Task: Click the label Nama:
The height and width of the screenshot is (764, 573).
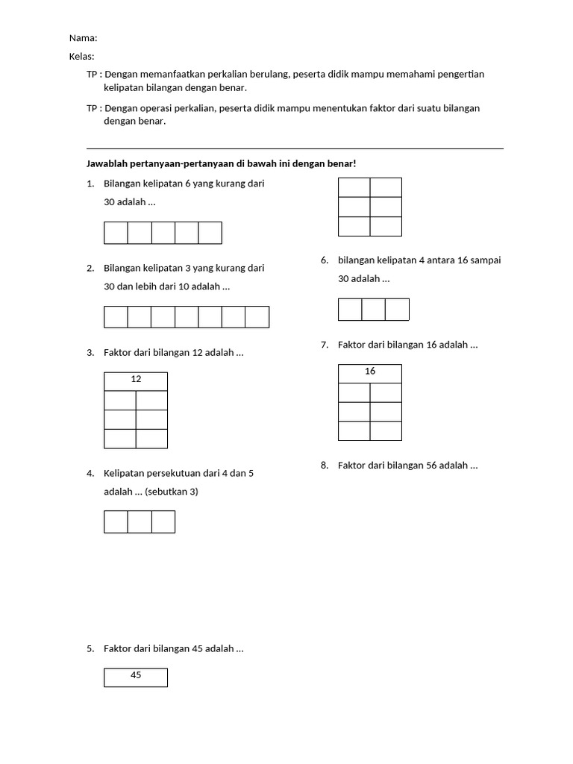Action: point(83,38)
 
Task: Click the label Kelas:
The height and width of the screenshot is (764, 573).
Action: point(82,57)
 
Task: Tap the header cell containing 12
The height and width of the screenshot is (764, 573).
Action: point(136,380)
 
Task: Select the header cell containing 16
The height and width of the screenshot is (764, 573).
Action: point(370,372)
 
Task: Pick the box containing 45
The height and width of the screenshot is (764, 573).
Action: point(136,676)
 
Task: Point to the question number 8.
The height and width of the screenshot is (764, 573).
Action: point(325,466)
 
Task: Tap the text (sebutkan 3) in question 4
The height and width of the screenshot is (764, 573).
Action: point(172,492)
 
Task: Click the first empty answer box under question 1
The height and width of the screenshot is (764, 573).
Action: point(116,233)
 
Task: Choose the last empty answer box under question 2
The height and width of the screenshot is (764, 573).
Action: point(257,317)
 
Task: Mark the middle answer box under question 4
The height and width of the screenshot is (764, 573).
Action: point(140,522)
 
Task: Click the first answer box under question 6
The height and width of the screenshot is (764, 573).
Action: point(350,309)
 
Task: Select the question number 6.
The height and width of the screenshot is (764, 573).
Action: point(325,260)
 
